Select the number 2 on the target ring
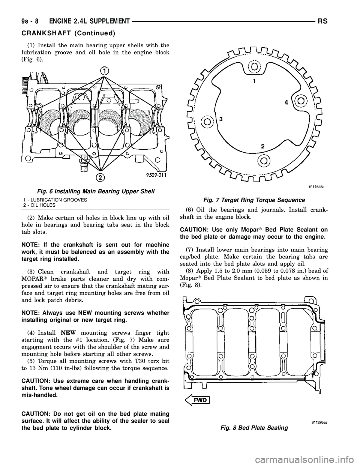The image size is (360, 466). (x=262, y=146)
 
